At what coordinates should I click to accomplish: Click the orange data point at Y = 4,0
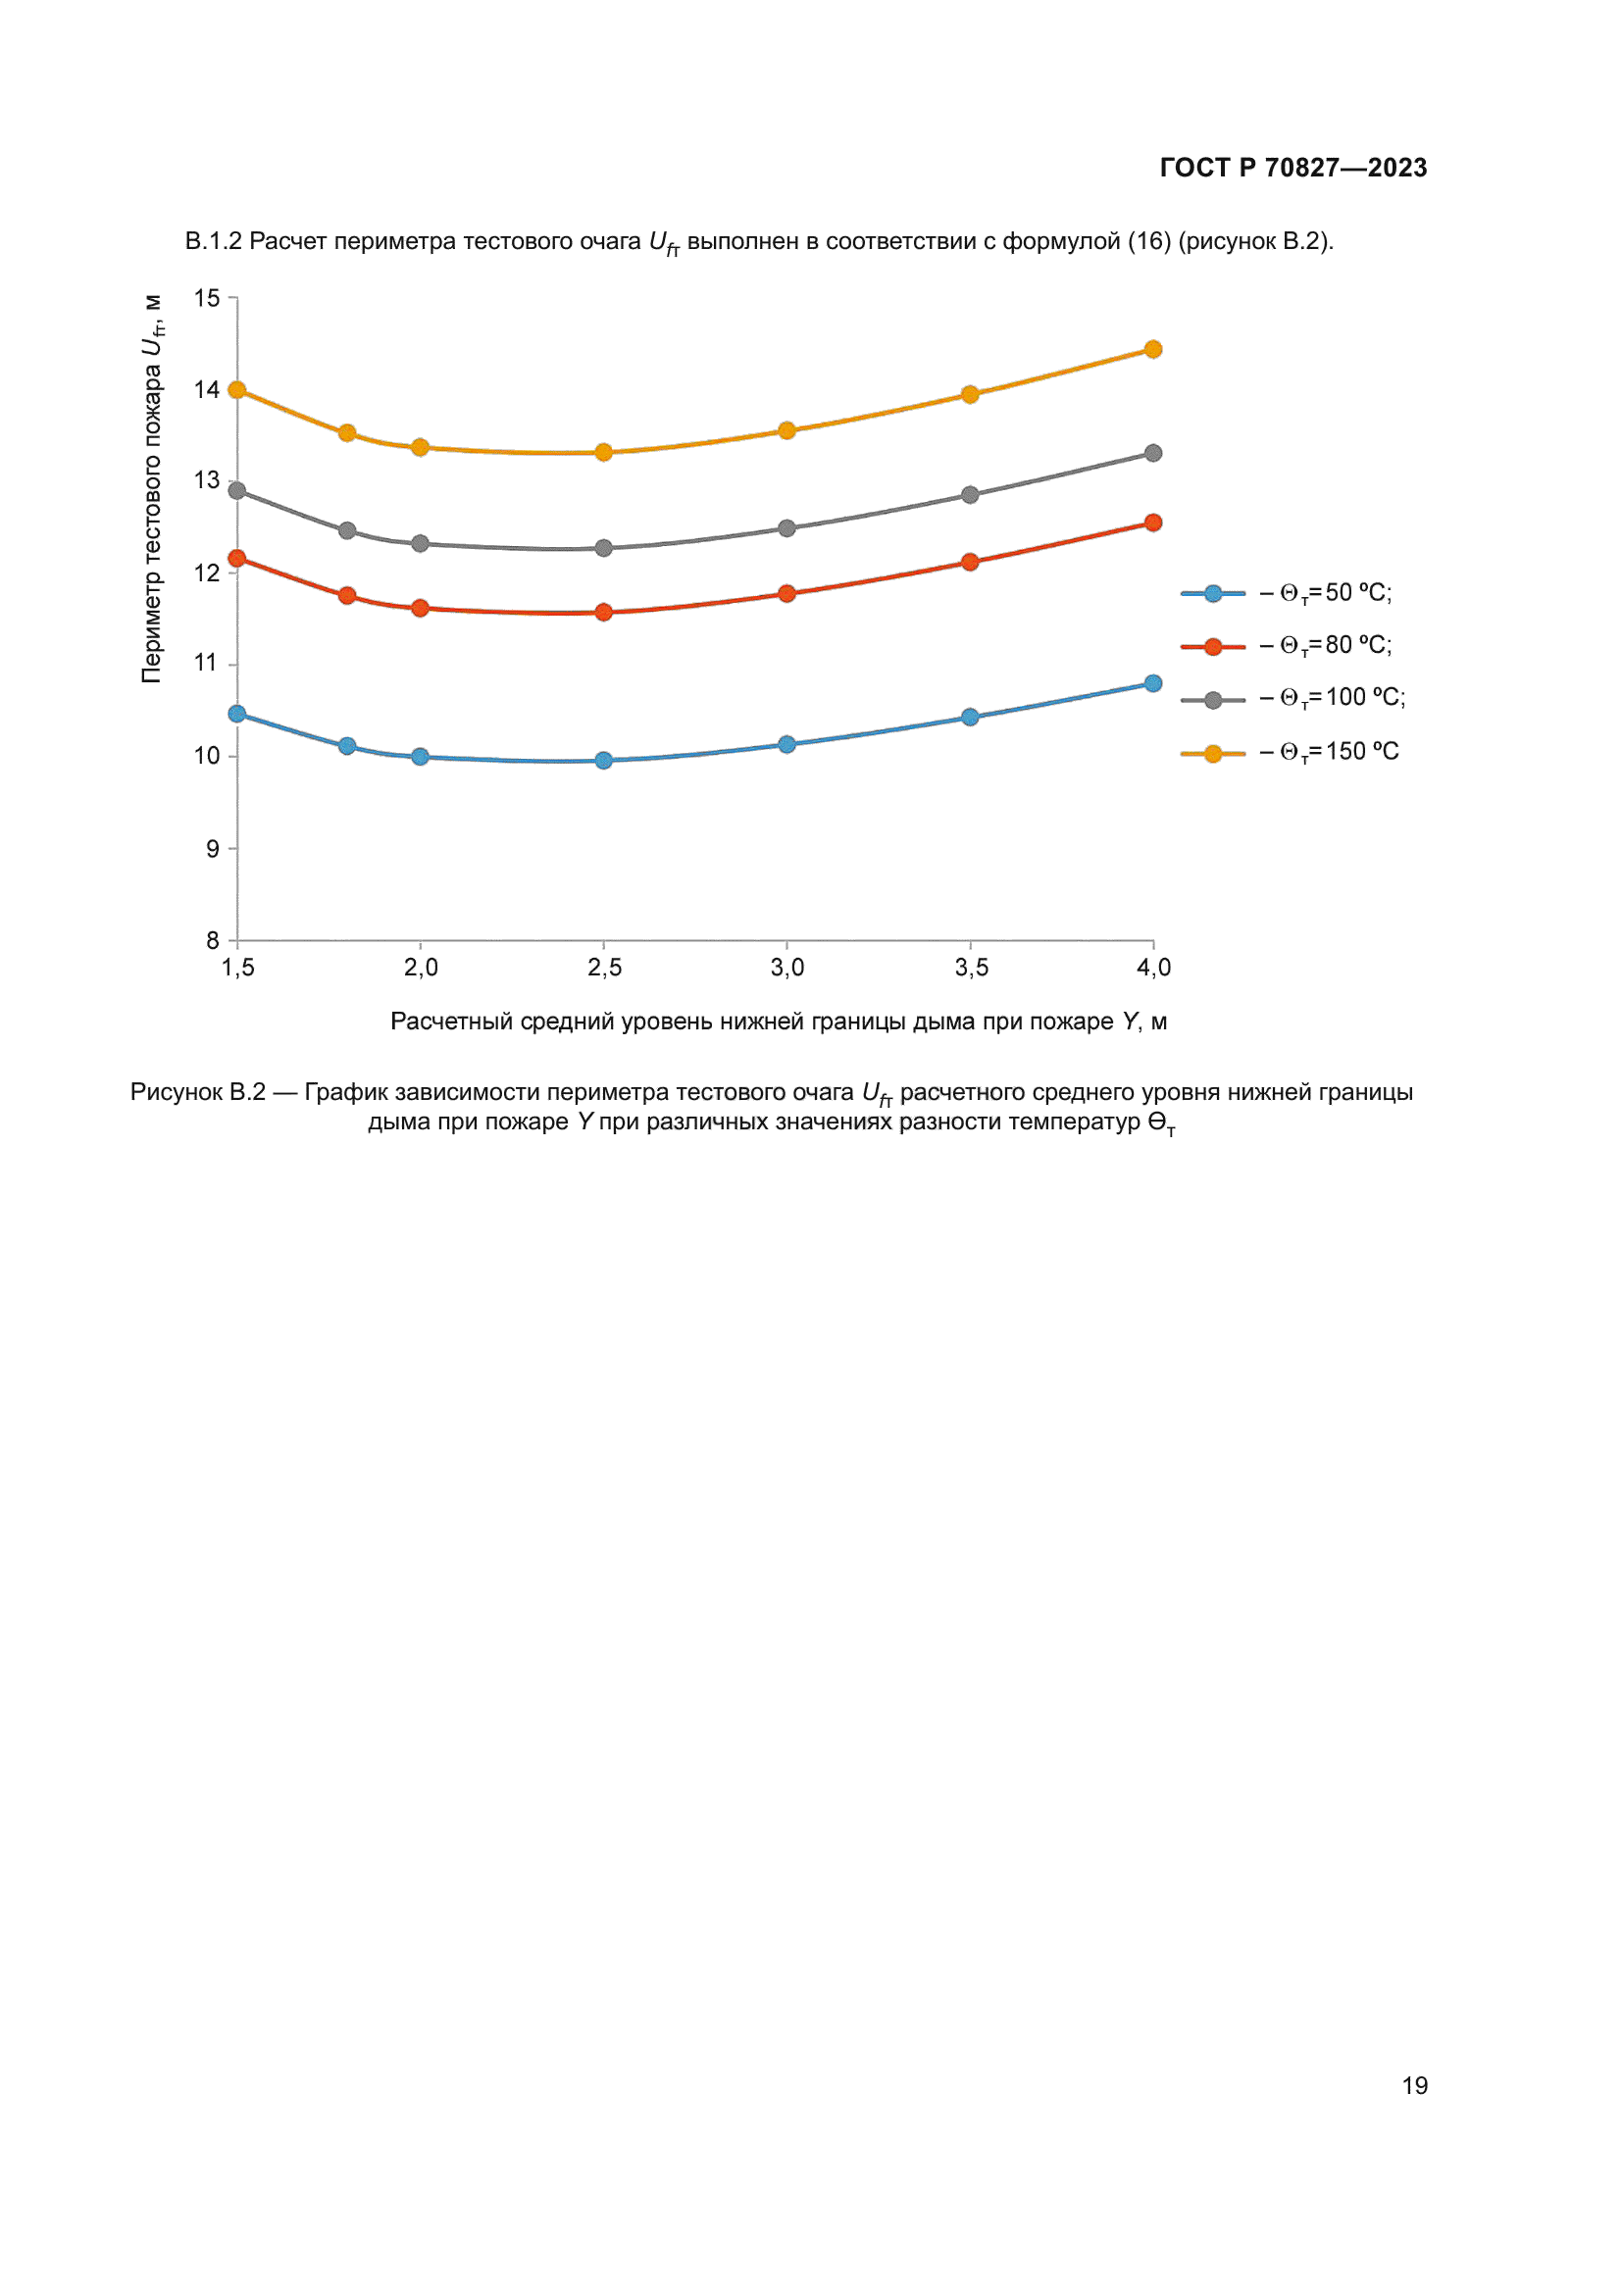1152,349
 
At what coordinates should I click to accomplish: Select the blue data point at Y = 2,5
603,760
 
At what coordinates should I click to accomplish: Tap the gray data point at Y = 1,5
236,490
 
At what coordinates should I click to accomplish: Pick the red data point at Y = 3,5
970,563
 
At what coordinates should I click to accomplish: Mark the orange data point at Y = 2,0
420,447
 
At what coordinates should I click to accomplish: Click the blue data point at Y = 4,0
1152,683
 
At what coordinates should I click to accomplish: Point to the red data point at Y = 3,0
786,593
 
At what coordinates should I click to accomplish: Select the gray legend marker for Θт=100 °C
1212,700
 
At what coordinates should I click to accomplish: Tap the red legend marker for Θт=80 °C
1212,647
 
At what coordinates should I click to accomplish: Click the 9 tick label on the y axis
212,849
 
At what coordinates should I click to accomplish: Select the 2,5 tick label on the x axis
604,967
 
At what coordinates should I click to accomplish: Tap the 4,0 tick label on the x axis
1153,967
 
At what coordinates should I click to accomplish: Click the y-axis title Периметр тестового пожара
152,489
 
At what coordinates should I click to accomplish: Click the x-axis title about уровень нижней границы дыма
778,1021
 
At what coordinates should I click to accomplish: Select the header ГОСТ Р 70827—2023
1293,168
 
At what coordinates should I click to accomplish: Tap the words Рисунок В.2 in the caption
198,1091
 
